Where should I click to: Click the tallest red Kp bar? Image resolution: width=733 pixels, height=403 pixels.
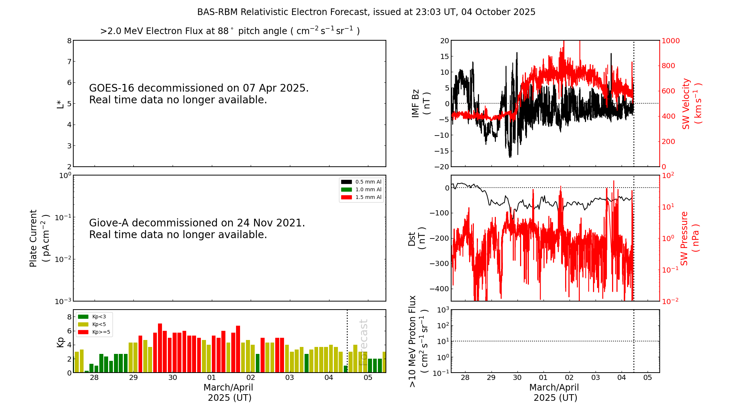pos(160,347)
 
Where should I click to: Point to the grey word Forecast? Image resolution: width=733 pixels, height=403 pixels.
pos(363,342)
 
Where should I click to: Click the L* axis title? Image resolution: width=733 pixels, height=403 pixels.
pos(60,104)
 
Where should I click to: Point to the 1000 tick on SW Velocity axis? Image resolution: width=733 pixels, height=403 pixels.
pos(670,41)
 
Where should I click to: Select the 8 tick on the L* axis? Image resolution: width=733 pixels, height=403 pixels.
pos(69,41)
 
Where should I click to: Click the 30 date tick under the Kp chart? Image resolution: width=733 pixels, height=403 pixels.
pos(172,378)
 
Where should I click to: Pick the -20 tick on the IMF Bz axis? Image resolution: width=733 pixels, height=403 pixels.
pos(441,167)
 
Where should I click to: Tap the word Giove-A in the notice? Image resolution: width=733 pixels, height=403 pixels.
pos(109,223)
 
